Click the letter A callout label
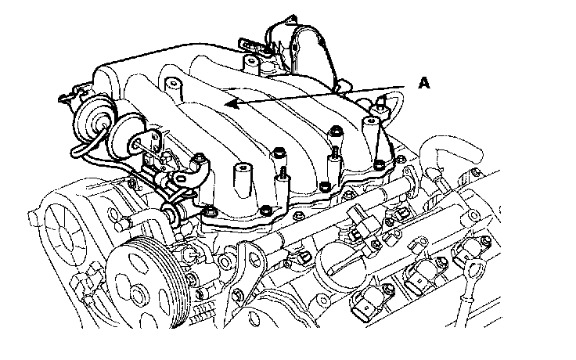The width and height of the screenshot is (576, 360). tap(424, 83)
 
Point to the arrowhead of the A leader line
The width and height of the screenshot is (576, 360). tap(232, 104)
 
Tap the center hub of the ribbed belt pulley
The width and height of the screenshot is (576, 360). tap(138, 294)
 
